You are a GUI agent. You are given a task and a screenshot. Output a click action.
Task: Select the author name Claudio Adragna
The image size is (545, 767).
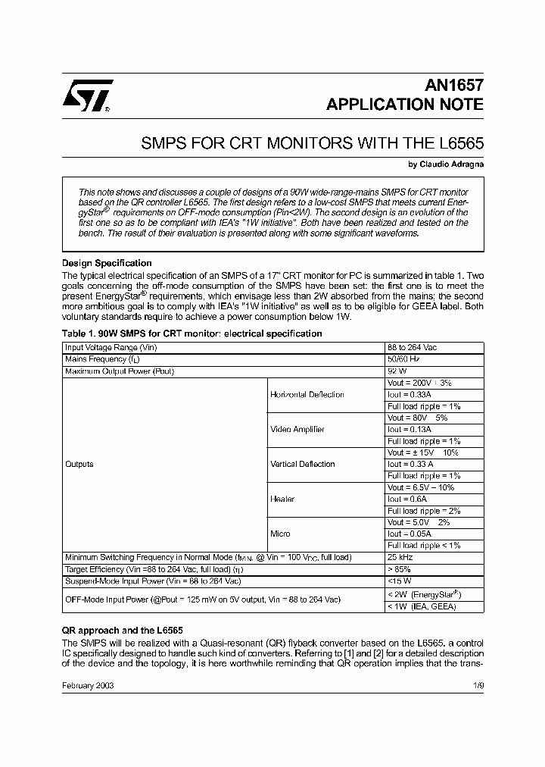[446, 164]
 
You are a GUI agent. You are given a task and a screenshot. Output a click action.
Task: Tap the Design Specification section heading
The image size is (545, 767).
[107, 263]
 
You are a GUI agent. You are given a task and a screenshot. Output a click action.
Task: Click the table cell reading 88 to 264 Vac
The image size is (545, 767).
[412, 347]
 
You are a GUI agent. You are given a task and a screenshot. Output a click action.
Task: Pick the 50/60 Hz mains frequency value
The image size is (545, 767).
[403, 359]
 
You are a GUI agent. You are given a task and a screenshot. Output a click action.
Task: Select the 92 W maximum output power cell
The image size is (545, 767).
[397, 371]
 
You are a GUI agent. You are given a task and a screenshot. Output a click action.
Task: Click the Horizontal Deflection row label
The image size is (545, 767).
[307, 394]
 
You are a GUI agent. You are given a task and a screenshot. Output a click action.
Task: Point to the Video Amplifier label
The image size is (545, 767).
[297, 429]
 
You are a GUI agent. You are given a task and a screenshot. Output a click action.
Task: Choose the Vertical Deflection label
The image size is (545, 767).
[302, 464]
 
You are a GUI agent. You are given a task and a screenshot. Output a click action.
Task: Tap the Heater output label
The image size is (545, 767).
[282, 499]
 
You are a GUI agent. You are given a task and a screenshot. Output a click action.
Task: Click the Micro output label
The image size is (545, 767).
[280, 534]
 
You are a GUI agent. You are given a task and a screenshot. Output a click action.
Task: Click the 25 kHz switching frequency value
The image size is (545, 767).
[399, 557]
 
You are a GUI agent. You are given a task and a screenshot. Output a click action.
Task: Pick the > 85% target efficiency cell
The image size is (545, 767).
[400, 568]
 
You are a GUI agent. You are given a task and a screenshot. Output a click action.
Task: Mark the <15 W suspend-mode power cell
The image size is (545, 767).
[399, 581]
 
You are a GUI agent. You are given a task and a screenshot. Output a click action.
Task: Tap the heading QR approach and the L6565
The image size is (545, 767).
[121, 631]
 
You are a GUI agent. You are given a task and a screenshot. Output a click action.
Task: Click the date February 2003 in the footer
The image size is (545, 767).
[88, 685]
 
